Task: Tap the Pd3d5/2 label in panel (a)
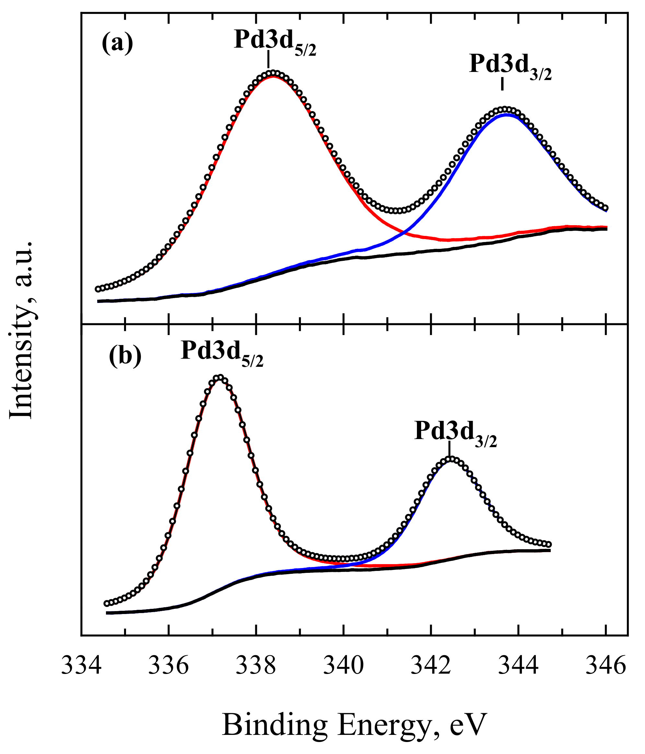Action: [x=275, y=41]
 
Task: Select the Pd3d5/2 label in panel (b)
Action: [x=222, y=352]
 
